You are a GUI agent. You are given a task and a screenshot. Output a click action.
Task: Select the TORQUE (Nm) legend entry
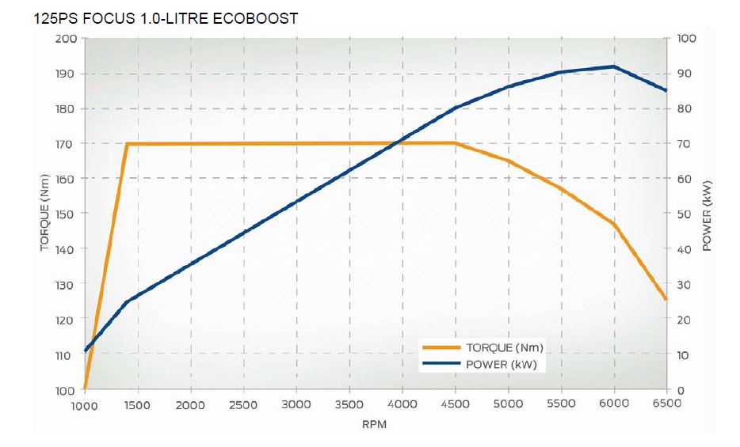pyautogui.click(x=504, y=347)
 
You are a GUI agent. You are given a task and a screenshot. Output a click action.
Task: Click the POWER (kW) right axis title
pyautogui.click(x=708, y=214)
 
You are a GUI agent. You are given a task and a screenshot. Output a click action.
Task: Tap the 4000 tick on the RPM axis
pyautogui.click(x=402, y=404)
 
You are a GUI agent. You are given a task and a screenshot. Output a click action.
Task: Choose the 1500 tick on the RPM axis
pyautogui.click(x=138, y=404)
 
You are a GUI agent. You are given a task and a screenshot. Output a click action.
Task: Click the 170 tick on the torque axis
pyautogui.click(x=66, y=144)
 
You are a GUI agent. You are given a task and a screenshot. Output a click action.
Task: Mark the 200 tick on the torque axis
pyautogui.click(x=66, y=39)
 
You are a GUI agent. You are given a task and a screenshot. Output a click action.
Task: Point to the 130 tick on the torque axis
pyautogui.click(x=66, y=285)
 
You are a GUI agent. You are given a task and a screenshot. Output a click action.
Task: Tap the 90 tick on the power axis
pyautogui.click(x=686, y=74)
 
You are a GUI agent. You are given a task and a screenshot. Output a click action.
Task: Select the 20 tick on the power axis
pyautogui.click(x=686, y=320)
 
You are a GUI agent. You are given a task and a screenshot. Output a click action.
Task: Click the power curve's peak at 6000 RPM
pyautogui.click(x=614, y=66)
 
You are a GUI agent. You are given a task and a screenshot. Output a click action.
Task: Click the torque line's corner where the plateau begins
pyautogui.click(x=127, y=144)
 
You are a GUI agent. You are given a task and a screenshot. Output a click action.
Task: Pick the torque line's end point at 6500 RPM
pyautogui.click(x=666, y=299)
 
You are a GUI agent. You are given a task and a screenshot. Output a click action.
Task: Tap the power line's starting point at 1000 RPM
pyautogui.click(x=85, y=350)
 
